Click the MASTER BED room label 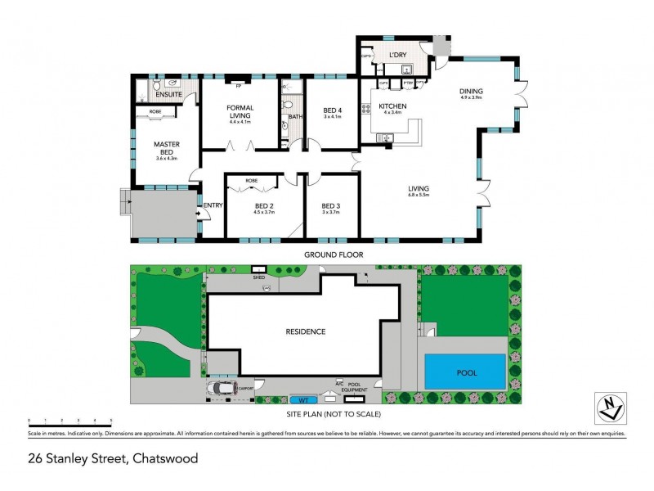tap(167, 148)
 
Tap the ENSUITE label tap(170, 95)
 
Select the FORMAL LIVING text tap(240, 111)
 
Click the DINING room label tap(471, 91)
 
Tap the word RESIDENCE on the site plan tap(306, 331)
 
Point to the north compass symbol tap(609, 405)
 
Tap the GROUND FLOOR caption tap(334, 255)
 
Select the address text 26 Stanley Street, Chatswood tap(113, 458)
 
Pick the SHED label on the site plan tap(259, 277)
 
